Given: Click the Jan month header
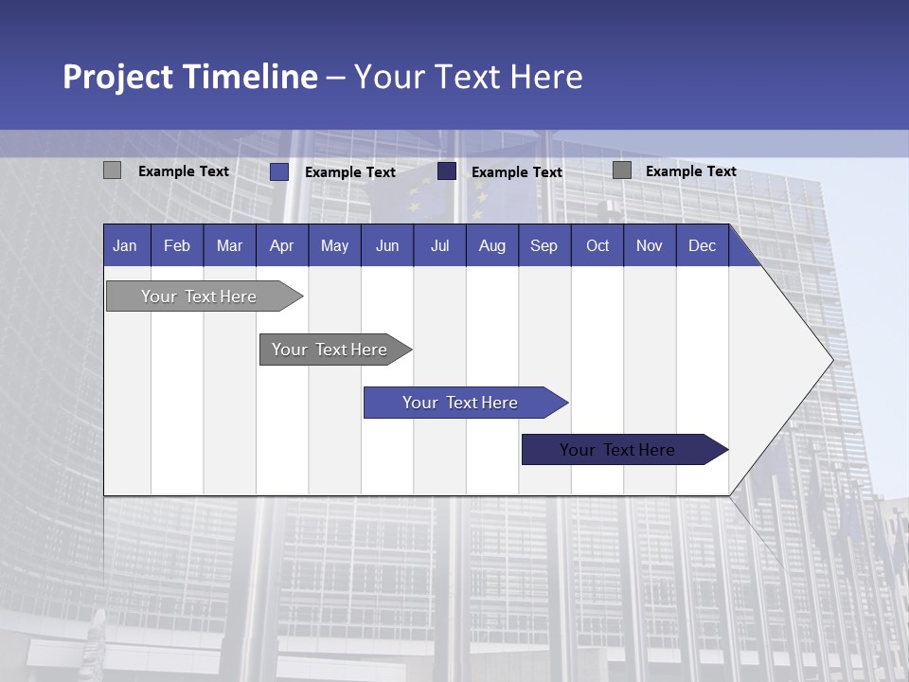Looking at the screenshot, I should (125, 245).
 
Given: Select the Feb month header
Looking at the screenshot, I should (177, 245).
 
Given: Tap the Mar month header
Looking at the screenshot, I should (229, 245).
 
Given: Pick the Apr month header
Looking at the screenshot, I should (282, 245).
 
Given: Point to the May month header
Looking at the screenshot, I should (334, 245).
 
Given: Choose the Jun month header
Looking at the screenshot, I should (387, 245).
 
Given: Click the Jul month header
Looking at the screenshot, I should (439, 245).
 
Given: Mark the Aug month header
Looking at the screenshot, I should (492, 245).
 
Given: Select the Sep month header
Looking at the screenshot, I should (544, 245).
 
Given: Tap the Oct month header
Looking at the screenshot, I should (597, 245).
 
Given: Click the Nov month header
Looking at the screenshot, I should (650, 245).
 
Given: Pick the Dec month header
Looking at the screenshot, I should (703, 245).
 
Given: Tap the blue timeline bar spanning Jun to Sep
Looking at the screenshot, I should (461, 403).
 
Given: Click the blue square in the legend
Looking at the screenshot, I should (279, 171).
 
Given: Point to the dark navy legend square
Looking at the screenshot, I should (447, 170).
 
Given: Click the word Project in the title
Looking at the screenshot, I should (119, 77).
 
